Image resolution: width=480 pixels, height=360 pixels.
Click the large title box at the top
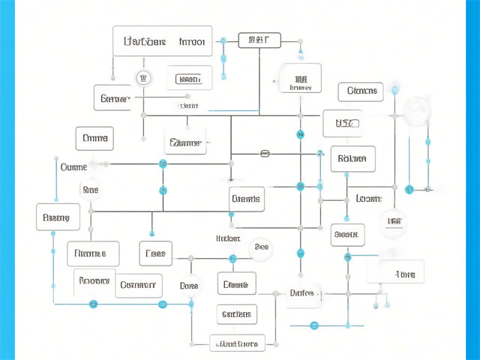point(162,41)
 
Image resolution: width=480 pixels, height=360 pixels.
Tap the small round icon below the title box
point(142,77)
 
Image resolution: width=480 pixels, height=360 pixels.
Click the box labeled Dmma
point(95,139)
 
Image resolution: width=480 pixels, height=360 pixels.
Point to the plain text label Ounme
point(73,166)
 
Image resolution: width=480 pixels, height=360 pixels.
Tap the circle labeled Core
point(190,286)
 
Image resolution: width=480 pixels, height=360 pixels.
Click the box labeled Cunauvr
point(139,285)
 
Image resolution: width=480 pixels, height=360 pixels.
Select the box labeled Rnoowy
point(95,283)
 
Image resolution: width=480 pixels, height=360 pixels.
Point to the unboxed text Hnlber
point(228,238)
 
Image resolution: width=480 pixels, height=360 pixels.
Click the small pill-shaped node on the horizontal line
point(265,154)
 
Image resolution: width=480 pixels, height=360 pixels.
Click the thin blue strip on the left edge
point(7,180)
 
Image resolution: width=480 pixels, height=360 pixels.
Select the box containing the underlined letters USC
point(342,121)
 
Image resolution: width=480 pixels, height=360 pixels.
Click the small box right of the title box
point(259,40)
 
